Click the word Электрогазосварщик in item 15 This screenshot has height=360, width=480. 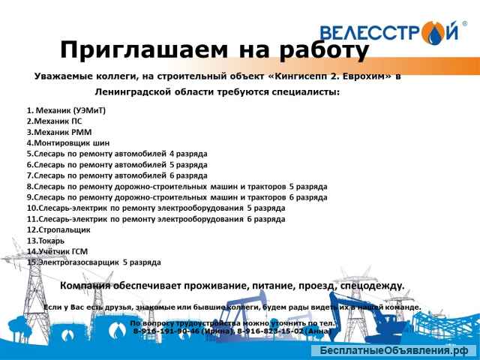(74, 262)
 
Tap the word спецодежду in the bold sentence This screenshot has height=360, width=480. (368, 286)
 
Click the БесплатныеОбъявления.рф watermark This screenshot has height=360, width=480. (394, 351)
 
